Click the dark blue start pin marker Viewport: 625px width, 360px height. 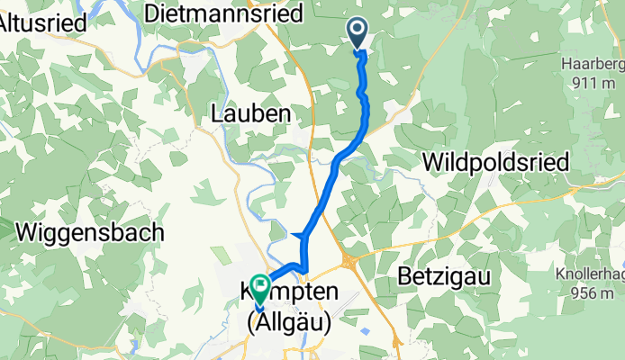coord(358,34)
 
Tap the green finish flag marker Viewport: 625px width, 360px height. coord(260,289)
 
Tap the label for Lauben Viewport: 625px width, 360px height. coord(250,114)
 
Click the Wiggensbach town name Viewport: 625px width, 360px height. coord(90,232)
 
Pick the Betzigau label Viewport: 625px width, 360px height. coord(445,278)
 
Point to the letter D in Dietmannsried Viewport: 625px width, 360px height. coord(152,13)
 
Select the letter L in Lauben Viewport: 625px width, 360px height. coord(216,114)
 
